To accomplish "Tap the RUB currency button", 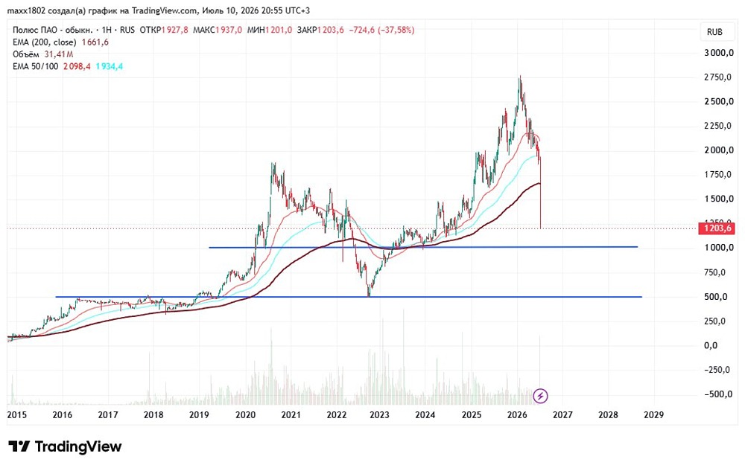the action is [714, 32].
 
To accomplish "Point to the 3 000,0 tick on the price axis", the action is [718, 53].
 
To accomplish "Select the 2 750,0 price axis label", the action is [717, 77].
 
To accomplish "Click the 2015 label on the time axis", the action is [16, 415].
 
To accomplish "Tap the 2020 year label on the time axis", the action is [246, 415].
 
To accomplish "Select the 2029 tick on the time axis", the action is [654, 415].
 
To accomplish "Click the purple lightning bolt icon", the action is [540, 395].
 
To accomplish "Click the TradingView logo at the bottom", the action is [65, 446].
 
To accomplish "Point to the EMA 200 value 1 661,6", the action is [95, 42].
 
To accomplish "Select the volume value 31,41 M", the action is [59, 54].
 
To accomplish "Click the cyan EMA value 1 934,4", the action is [110, 66].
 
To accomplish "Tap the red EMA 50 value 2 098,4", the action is [77, 66].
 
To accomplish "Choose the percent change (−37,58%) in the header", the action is [396, 30].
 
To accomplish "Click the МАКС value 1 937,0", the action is [229, 30].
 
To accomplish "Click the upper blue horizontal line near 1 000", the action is [423, 247].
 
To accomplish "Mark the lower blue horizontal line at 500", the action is [349, 297].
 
